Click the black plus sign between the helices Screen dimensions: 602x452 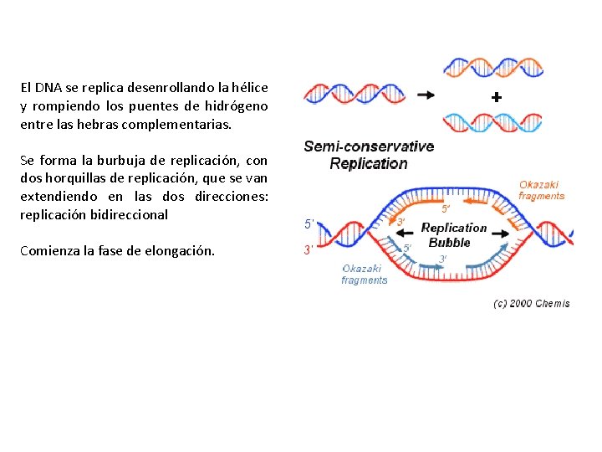pyautogui.click(x=497, y=98)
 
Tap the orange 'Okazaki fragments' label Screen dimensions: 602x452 pyautogui.click(x=541, y=190)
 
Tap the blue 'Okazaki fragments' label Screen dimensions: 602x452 pyautogui.click(x=364, y=275)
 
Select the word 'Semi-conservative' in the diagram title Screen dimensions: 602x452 pyautogui.click(x=369, y=146)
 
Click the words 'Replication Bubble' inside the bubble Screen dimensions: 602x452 pyautogui.click(x=452, y=235)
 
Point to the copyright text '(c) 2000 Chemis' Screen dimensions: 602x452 pyautogui.click(x=532, y=303)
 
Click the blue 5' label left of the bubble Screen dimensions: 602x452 pyautogui.click(x=309, y=224)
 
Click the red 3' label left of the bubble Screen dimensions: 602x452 pyautogui.click(x=309, y=249)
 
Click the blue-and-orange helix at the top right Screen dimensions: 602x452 pyautogui.click(x=492, y=68)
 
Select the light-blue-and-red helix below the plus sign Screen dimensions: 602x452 pyautogui.click(x=492, y=123)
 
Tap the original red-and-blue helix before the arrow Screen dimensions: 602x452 pyautogui.click(x=355, y=95)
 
